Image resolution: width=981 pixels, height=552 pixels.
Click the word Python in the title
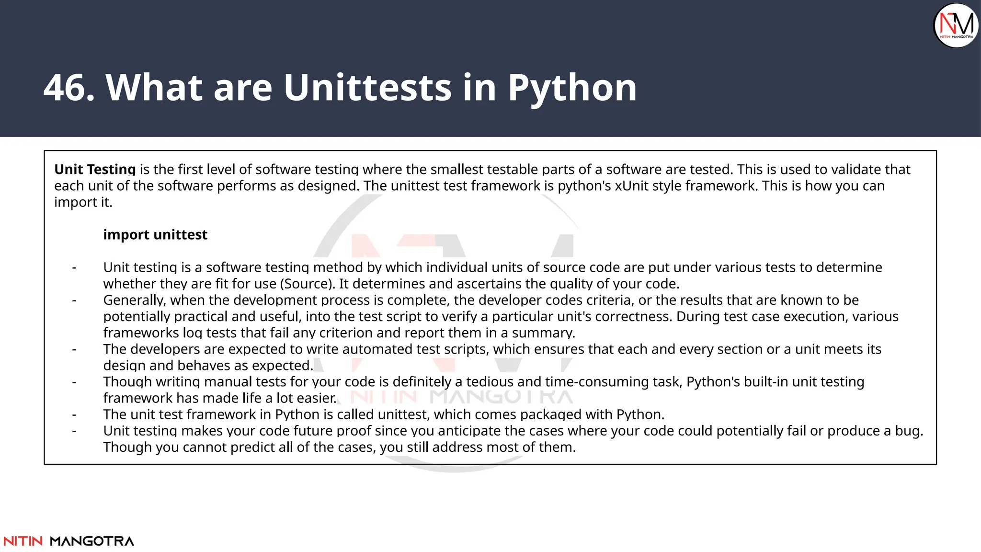coord(572,89)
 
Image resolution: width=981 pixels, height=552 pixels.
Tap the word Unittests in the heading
coord(367,88)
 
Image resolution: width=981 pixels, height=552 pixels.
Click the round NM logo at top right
coord(956,25)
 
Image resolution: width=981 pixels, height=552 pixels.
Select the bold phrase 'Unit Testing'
coord(95,170)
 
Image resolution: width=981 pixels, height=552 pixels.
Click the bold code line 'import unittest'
coord(155,235)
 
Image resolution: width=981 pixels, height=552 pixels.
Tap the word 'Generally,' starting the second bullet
coord(135,300)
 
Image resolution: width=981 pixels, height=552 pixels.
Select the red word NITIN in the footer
coord(23,541)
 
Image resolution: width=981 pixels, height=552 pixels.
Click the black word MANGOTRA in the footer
coord(92,541)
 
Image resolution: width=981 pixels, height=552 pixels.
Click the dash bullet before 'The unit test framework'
coord(74,415)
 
